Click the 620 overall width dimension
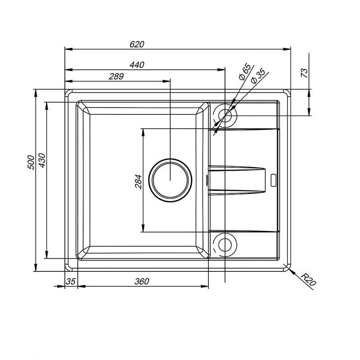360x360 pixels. (x=137, y=44)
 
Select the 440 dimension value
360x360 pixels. (x=137, y=65)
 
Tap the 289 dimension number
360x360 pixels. (x=116, y=76)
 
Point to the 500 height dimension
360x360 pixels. (x=31, y=162)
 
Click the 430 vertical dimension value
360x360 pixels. (x=42, y=160)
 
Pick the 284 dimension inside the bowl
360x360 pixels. (x=138, y=182)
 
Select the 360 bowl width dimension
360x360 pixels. (x=142, y=282)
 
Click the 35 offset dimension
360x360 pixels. (x=71, y=282)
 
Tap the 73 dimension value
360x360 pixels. (x=304, y=73)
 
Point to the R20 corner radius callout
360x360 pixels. (x=309, y=279)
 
